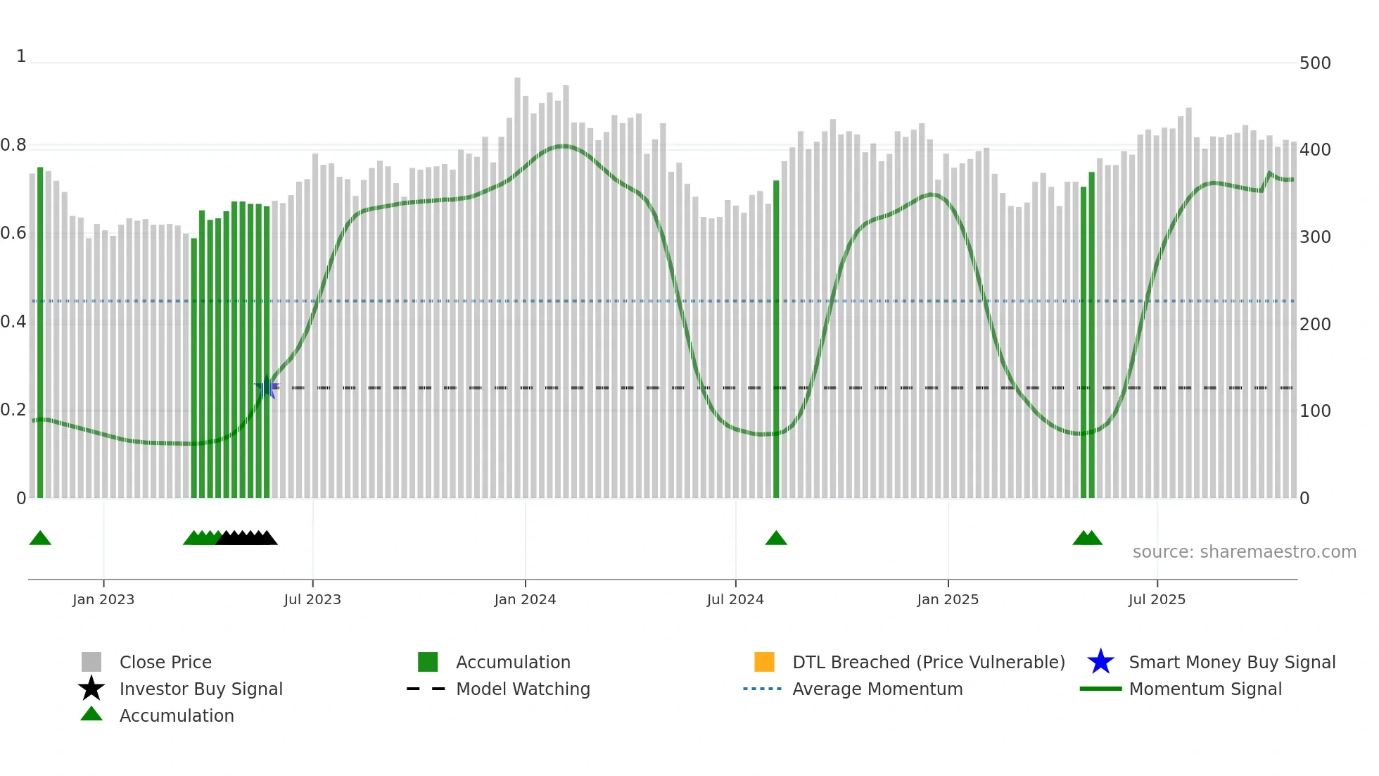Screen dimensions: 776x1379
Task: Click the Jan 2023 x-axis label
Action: pos(103,599)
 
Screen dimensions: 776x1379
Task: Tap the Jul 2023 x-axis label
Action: pos(312,599)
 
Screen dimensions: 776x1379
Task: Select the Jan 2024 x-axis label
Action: pos(525,599)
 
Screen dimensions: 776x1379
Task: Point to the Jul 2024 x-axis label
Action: pos(735,599)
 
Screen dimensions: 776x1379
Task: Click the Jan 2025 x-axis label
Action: pos(948,599)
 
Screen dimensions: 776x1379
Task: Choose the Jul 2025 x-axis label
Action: pos(1157,599)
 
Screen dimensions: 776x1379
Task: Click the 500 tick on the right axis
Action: pos(1315,63)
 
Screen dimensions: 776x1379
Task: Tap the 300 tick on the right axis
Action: pos(1315,237)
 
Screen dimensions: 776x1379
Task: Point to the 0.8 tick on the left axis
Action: pos(14,146)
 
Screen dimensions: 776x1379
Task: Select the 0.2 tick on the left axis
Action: pos(14,410)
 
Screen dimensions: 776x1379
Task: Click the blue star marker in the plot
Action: pos(267,388)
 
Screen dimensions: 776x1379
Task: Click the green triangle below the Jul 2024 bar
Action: pos(776,539)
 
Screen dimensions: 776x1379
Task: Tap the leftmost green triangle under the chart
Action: pos(40,539)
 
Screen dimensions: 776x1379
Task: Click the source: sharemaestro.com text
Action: pos(1244,552)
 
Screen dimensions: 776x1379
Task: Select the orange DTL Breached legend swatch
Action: pos(764,662)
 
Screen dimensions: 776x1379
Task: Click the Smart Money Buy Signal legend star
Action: pos(1100,662)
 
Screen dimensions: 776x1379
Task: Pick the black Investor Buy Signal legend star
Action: pos(91,689)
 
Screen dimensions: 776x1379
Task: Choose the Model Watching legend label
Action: pos(523,689)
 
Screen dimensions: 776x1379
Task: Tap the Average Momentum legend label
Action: pos(877,689)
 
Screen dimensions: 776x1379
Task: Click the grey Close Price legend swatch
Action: pos(91,662)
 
